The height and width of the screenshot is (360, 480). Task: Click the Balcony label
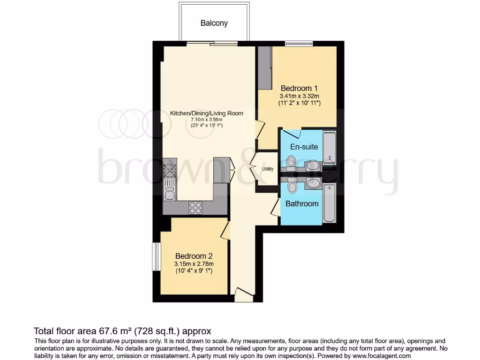(214, 22)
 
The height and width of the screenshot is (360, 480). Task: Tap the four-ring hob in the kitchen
(195, 207)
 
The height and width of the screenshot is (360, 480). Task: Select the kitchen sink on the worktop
(169, 192)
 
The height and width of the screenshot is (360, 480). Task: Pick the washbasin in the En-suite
(312, 166)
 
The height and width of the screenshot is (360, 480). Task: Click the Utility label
(268, 169)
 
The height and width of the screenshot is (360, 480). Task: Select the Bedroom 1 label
(296, 88)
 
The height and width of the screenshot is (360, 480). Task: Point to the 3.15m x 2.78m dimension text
(194, 264)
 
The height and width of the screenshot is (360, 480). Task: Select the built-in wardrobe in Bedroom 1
(265, 67)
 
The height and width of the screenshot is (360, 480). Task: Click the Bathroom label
(302, 203)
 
